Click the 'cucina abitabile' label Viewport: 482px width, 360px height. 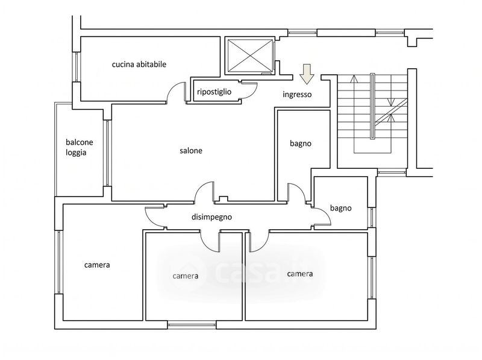coord(139,65)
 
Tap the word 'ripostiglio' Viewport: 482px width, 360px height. coord(214,92)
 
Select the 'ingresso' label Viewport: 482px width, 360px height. coord(297,94)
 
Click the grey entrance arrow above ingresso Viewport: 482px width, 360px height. coord(307,74)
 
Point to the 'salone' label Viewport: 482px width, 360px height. coord(191,151)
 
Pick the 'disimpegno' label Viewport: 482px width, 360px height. coord(211,217)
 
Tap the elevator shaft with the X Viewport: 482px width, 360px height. coord(249,55)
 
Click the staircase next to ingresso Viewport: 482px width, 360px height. coord(372,113)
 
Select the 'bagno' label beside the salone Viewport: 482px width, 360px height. coord(300,143)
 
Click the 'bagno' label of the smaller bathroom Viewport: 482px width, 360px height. coord(340,208)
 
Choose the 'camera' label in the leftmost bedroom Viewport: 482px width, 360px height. coord(97,265)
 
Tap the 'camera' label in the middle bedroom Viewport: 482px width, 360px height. coord(186,276)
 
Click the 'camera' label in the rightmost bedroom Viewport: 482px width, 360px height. coord(299,274)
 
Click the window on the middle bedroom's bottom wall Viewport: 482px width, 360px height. coord(192,325)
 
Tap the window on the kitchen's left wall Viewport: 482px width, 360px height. coord(77,67)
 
